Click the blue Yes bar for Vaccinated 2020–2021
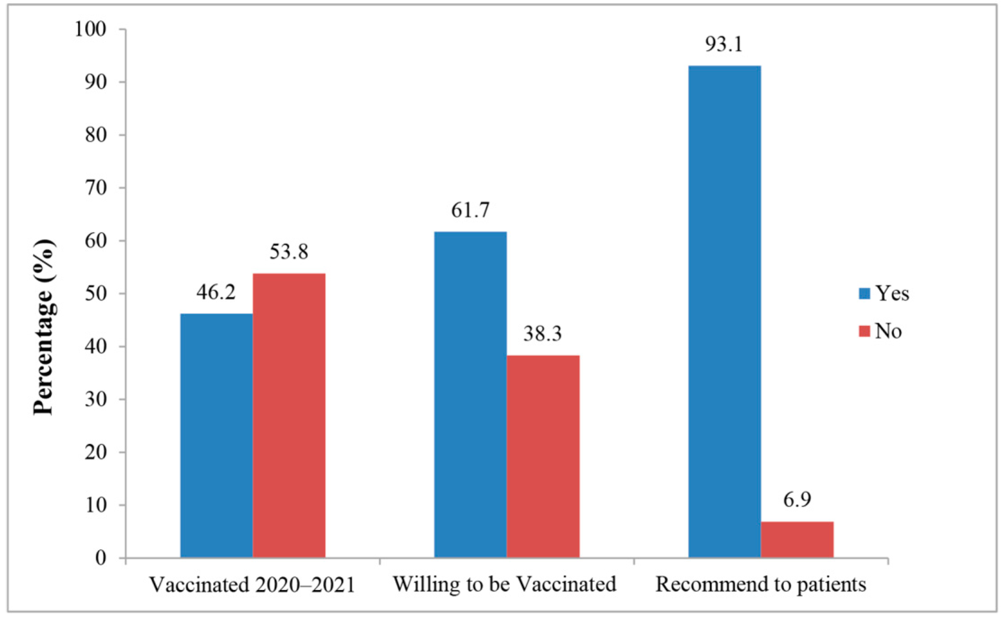pyautogui.click(x=216, y=436)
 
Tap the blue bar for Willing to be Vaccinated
pyautogui.click(x=470, y=395)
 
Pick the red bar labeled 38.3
pyautogui.click(x=543, y=456)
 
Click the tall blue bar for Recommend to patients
pyautogui.click(x=724, y=312)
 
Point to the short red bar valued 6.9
pyautogui.click(x=797, y=539)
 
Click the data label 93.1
pyautogui.click(x=724, y=44)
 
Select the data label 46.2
pyautogui.click(x=216, y=292)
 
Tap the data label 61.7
pyautogui.click(x=470, y=210)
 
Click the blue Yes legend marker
pyautogui.click(x=864, y=293)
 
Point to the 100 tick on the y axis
pyautogui.click(x=90, y=29)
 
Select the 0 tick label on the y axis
pyautogui.click(x=101, y=558)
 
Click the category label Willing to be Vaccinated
pyautogui.click(x=505, y=584)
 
